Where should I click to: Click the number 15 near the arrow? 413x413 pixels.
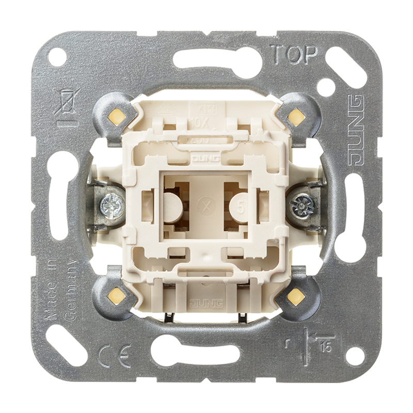point(325,347)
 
